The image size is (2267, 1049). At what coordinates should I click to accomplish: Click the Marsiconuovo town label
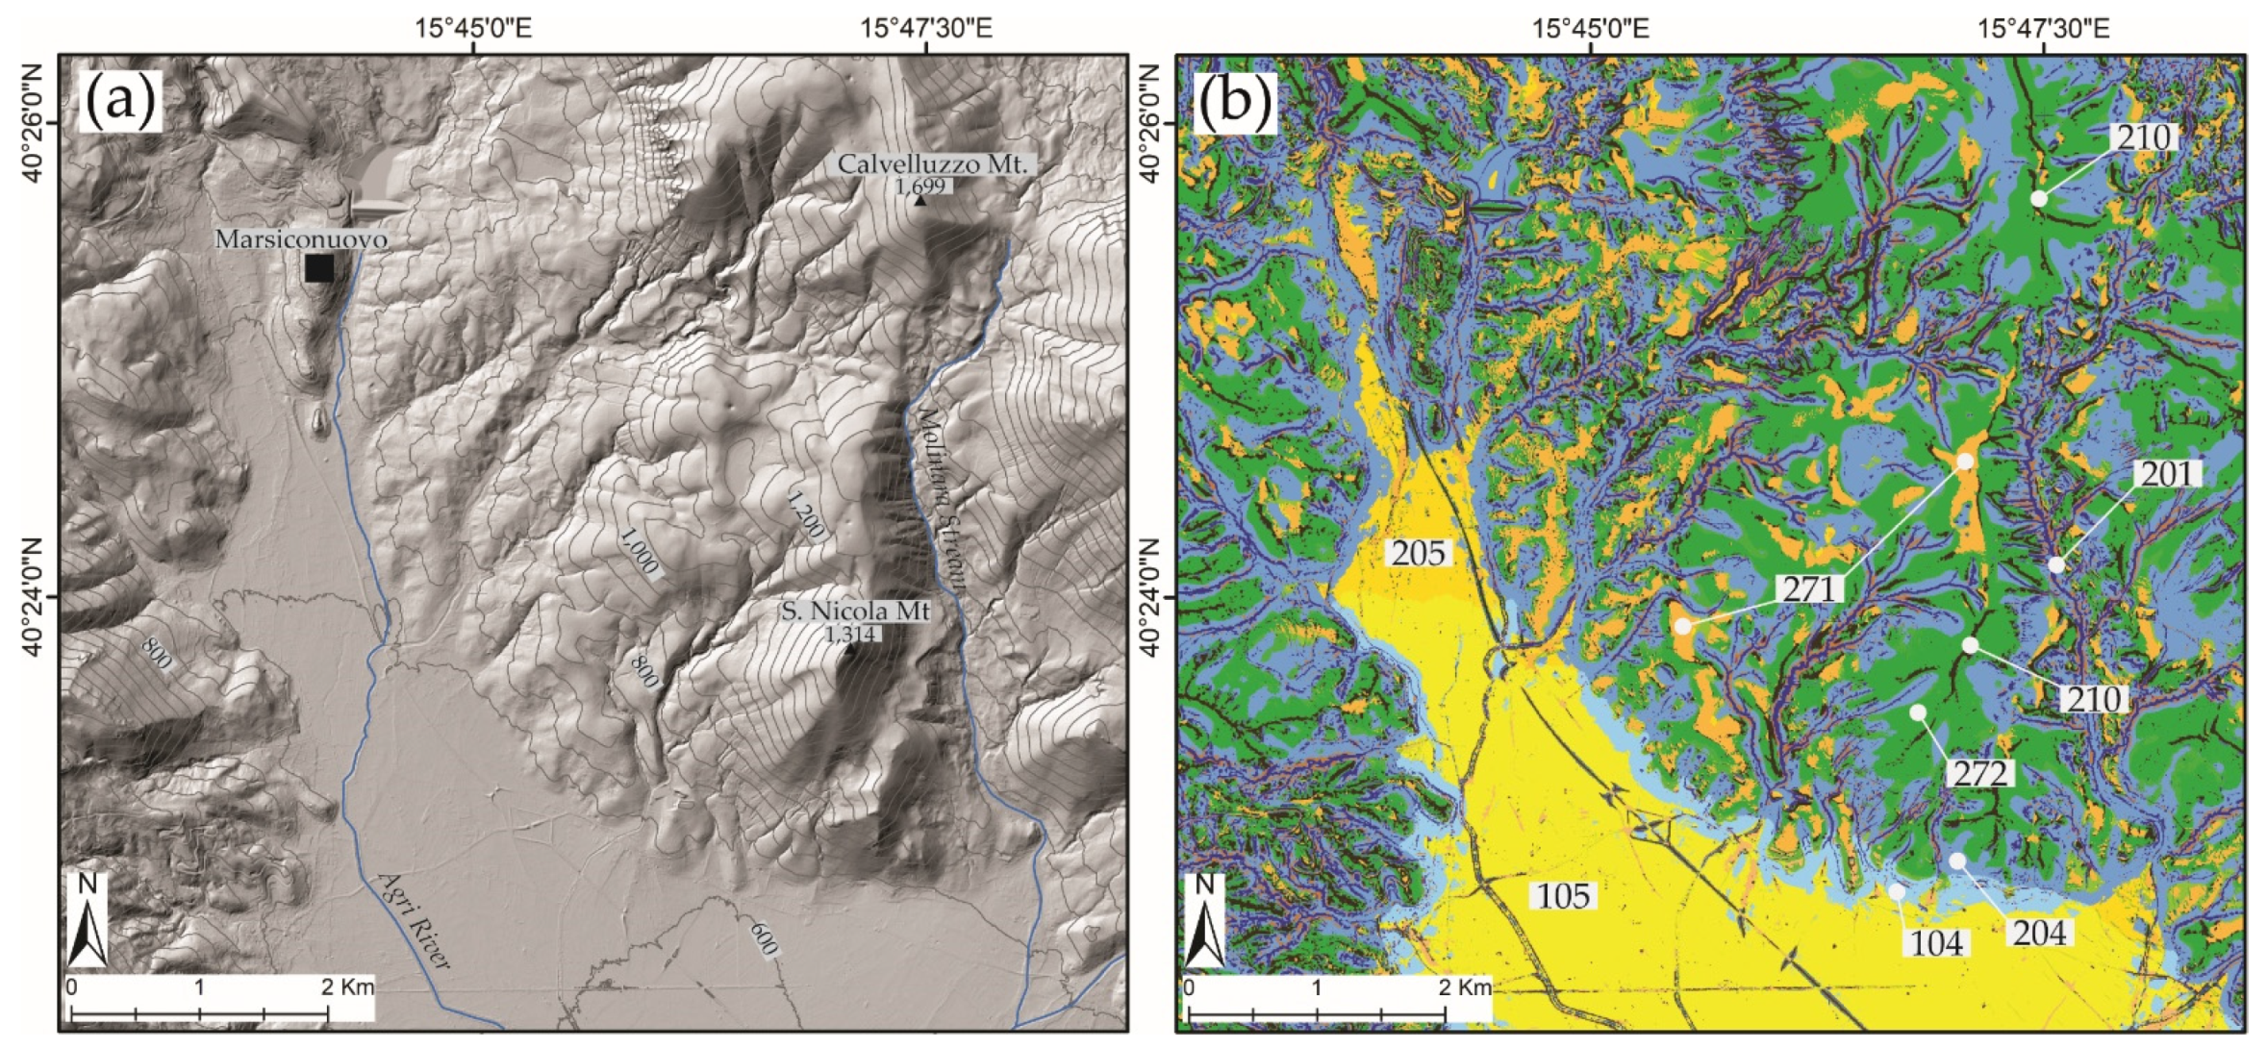[x=301, y=238]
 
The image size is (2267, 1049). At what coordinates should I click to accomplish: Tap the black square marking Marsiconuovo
[x=319, y=268]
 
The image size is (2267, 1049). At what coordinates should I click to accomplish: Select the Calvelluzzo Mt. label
[x=932, y=164]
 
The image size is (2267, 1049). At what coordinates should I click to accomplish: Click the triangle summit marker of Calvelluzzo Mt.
[x=920, y=201]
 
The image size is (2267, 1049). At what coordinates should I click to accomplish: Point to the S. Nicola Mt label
[x=855, y=611]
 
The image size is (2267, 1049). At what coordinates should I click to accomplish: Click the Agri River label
[x=415, y=919]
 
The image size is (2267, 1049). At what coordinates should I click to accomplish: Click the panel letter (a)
[x=120, y=101]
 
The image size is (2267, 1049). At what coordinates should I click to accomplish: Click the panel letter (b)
[x=1234, y=101]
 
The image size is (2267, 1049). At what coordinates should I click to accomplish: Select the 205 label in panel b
[x=1419, y=553]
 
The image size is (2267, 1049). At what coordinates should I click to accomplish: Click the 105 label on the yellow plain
[x=1563, y=896]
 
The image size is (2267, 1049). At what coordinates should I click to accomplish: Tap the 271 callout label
[x=1811, y=588]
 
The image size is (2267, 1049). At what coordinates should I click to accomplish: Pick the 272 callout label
[x=1979, y=772]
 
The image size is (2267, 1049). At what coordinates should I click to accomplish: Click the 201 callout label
[x=2166, y=473]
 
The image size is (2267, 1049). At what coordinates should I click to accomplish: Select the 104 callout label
[x=1935, y=943]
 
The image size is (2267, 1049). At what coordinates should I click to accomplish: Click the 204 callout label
[x=2039, y=932]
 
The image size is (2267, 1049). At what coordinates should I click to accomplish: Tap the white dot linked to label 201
[x=2056, y=564]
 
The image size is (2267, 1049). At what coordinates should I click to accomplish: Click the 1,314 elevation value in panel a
[x=850, y=634]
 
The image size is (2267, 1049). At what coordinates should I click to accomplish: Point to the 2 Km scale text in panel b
[x=1465, y=987]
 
